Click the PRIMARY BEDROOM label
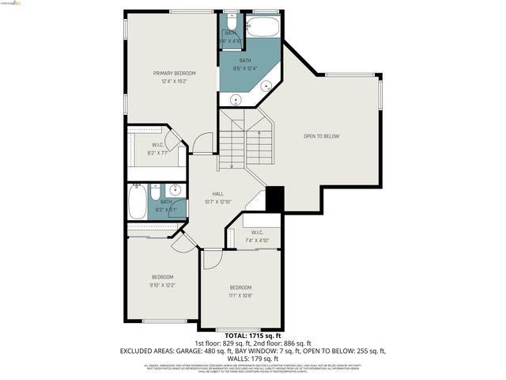click(x=174, y=73)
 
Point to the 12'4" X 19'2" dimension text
click(x=174, y=81)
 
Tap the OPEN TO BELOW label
click(x=321, y=136)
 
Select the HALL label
click(x=217, y=194)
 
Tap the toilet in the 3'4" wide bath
click(x=225, y=20)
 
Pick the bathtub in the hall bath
click(x=136, y=203)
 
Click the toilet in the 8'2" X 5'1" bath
click(x=156, y=192)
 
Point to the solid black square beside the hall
click(x=274, y=199)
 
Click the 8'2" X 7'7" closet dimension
click(x=157, y=153)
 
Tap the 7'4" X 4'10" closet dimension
click(x=257, y=240)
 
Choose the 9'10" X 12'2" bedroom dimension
click(x=163, y=285)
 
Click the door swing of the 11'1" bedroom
click(x=213, y=260)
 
